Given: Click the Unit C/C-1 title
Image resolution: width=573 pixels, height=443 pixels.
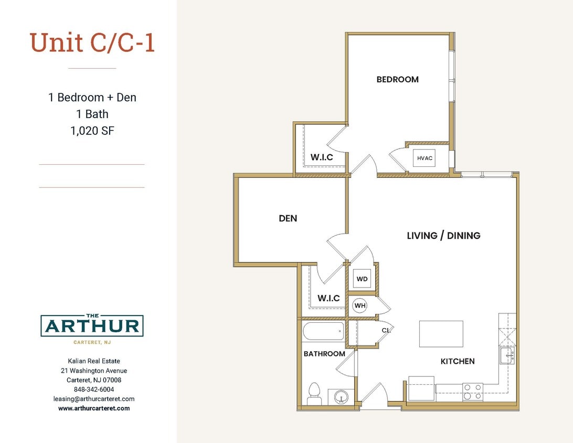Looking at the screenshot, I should [92, 43].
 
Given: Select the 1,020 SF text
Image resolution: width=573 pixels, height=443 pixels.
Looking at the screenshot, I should [92, 131].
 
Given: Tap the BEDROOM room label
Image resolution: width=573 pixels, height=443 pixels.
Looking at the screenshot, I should [397, 79].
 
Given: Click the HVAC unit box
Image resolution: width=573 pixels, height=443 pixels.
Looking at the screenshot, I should [424, 158].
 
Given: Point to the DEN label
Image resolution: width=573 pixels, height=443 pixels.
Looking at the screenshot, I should [288, 218].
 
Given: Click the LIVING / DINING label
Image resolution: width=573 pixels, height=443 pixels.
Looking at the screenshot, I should [443, 236].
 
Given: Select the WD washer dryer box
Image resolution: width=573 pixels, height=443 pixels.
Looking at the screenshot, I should [362, 279].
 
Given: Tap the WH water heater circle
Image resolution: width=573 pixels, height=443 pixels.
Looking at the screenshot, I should [360, 305].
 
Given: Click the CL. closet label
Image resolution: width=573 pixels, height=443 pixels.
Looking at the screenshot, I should [386, 330].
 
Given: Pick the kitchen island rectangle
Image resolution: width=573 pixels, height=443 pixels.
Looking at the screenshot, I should [441, 334].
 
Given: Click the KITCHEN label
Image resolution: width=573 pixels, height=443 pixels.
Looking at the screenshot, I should [458, 361].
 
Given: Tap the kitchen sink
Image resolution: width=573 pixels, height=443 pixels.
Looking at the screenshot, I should [507, 355].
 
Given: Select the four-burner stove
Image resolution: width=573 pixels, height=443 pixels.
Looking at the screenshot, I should [472, 392].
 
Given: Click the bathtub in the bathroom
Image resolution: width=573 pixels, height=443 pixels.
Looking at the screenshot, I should [324, 332].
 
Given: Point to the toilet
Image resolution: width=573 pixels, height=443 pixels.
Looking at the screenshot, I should [314, 393].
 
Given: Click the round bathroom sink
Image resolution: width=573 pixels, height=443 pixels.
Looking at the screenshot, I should [341, 397].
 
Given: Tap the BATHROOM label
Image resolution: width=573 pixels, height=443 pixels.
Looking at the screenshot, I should [324, 354].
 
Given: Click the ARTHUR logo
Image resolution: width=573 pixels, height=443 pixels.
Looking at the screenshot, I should [92, 326].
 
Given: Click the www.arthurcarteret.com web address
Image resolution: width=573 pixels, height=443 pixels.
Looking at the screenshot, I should [94, 408].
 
